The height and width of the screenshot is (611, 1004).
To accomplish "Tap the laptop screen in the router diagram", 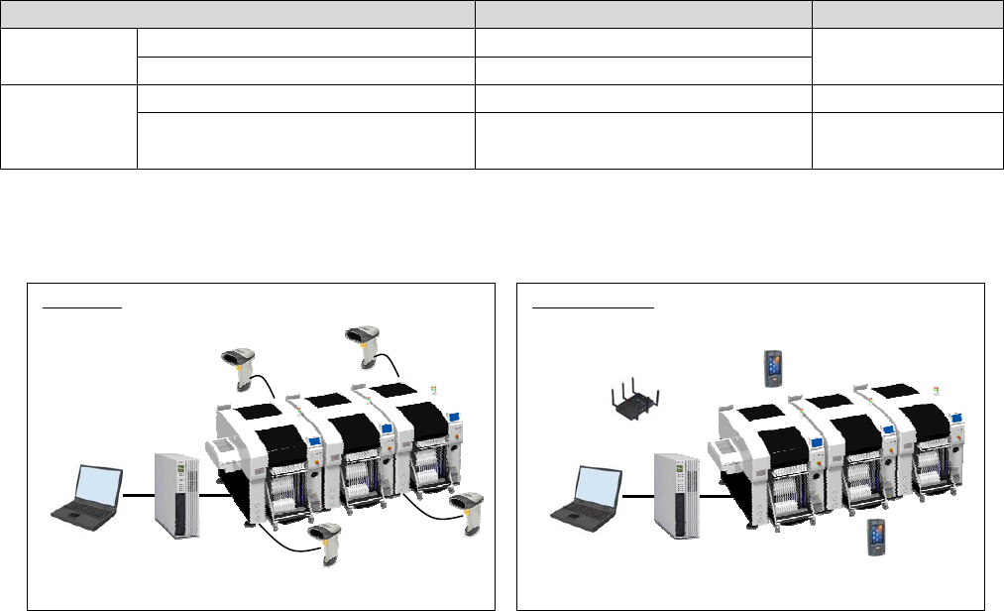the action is tap(600, 486).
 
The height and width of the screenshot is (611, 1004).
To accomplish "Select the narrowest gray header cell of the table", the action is tap(907, 14).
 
